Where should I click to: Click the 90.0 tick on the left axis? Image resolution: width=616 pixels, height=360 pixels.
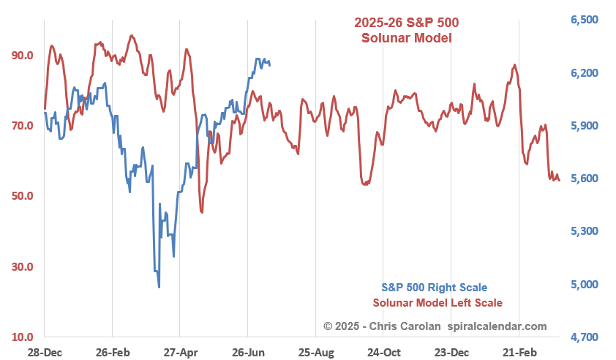tap(22, 56)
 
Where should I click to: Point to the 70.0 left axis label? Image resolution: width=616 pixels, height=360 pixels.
tap(22, 126)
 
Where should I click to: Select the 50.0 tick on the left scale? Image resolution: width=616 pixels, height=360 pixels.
tap(22, 196)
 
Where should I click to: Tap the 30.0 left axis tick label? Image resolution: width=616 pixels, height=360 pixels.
tap(22, 267)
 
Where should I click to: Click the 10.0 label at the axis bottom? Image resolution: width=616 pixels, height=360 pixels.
tap(22, 337)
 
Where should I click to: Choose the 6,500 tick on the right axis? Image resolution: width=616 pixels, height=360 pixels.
tap(585, 20)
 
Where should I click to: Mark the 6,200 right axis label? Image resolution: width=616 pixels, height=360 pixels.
tap(585, 73)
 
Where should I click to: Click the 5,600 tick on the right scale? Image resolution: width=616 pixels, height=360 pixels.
tap(585, 179)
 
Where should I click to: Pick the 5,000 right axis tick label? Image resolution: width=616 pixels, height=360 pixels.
tap(585, 285)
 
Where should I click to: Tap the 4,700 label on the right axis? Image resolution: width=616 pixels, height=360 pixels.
tap(585, 337)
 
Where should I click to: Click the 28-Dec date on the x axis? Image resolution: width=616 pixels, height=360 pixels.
tap(44, 352)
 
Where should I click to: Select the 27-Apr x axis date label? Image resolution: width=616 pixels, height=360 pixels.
tap(180, 352)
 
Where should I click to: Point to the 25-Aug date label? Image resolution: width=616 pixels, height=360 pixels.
tap(316, 352)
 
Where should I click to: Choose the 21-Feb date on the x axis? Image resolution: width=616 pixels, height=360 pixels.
tap(519, 352)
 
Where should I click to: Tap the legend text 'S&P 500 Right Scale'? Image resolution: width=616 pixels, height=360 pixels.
tap(434, 288)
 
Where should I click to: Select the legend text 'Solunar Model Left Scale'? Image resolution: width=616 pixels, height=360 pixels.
tap(437, 303)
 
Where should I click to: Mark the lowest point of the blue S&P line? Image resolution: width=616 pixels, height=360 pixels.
tap(159, 287)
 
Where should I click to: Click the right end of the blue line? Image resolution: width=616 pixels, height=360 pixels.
tap(270, 64)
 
